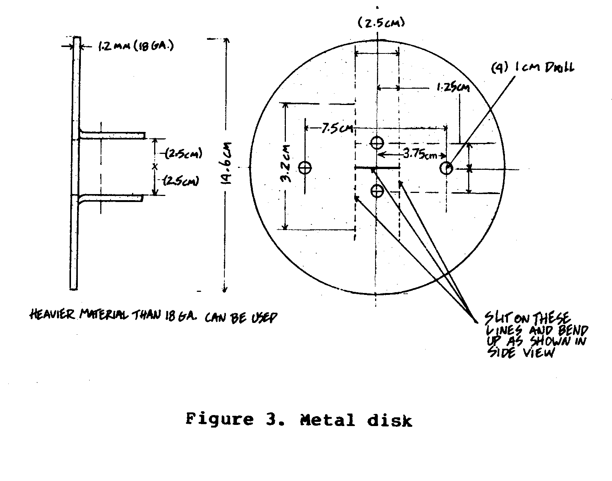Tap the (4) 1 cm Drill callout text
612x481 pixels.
pyautogui.click(x=532, y=68)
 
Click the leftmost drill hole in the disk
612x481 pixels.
pyautogui.click(x=305, y=168)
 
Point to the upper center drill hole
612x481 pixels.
pyautogui.click(x=377, y=143)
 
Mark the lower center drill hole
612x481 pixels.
pyautogui.click(x=377, y=191)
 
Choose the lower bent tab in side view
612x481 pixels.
pyautogui.click(x=111, y=198)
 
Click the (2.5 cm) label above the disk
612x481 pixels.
pyautogui.click(x=381, y=23)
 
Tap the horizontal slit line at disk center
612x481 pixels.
pyautogui.click(x=377, y=167)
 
